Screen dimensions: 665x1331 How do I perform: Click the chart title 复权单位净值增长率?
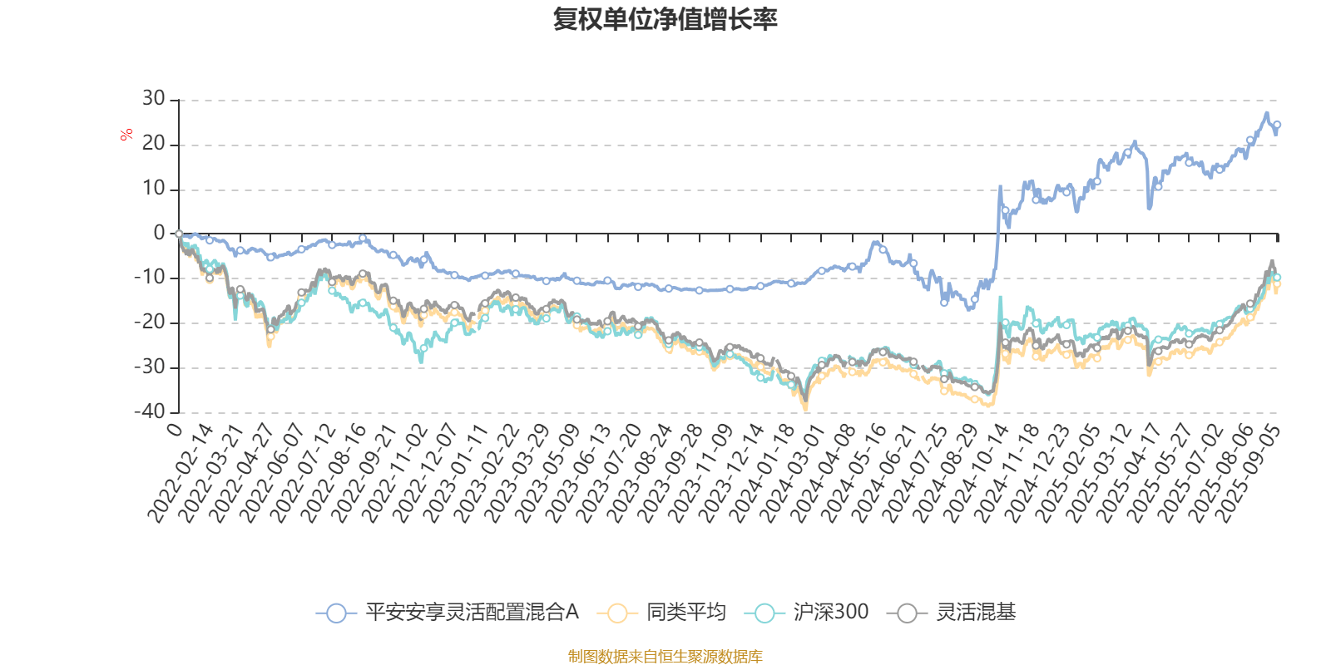[665, 19]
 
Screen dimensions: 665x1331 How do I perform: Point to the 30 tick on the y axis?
[154, 99]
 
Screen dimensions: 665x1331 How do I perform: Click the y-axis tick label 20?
[154, 144]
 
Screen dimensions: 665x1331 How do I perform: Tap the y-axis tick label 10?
[154, 189]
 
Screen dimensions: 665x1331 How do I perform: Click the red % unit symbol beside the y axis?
[126, 135]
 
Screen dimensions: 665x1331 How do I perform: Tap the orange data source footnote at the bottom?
[665, 657]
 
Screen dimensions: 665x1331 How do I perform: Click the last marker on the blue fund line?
[1277, 125]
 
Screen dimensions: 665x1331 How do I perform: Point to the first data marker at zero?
[179, 234]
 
